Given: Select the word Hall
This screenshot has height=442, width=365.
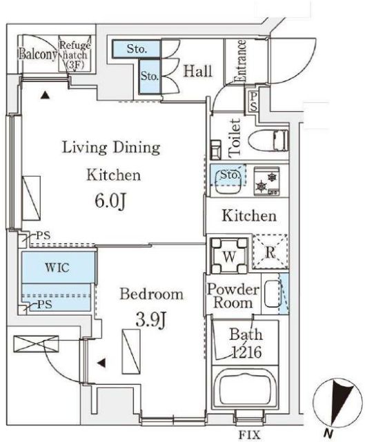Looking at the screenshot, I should coord(197,71).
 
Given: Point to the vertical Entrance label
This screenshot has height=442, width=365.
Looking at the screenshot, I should coord(241,62).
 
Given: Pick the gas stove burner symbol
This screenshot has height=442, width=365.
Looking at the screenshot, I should coord(266,181).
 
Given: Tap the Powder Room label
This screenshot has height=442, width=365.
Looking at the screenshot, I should coord(233,296).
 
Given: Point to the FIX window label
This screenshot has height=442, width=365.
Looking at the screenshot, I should coord(249,434).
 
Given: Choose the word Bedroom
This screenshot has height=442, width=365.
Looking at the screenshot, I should coord(152,294).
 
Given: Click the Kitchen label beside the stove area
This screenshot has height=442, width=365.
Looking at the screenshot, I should coord(249,216).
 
